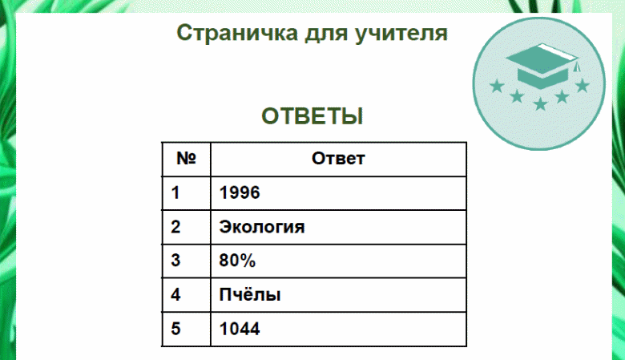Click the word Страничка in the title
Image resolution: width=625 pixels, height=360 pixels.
point(237,33)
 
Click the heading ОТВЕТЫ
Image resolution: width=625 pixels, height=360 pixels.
point(312,116)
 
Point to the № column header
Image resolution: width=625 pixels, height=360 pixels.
point(186,158)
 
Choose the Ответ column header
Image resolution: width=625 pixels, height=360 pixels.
point(338,159)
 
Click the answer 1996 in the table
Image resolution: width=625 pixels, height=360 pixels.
point(240,192)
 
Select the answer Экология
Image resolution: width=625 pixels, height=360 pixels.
point(262,227)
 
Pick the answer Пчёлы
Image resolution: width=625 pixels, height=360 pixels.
point(250,294)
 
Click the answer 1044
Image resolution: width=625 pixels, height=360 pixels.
point(240,329)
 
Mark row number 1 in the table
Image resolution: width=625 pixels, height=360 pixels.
point(175,192)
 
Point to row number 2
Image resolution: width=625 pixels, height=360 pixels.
point(175,227)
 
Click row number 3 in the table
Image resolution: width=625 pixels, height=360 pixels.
point(175,261)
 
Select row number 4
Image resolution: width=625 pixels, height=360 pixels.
point(175,294)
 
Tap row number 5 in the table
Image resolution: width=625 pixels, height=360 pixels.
point(175,329)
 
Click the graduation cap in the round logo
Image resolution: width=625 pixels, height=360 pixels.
point(542,66)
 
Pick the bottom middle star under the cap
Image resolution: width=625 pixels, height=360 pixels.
point(541,103)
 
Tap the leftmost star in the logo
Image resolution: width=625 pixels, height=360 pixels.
point(497,86)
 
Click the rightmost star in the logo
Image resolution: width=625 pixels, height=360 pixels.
point(583,85)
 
